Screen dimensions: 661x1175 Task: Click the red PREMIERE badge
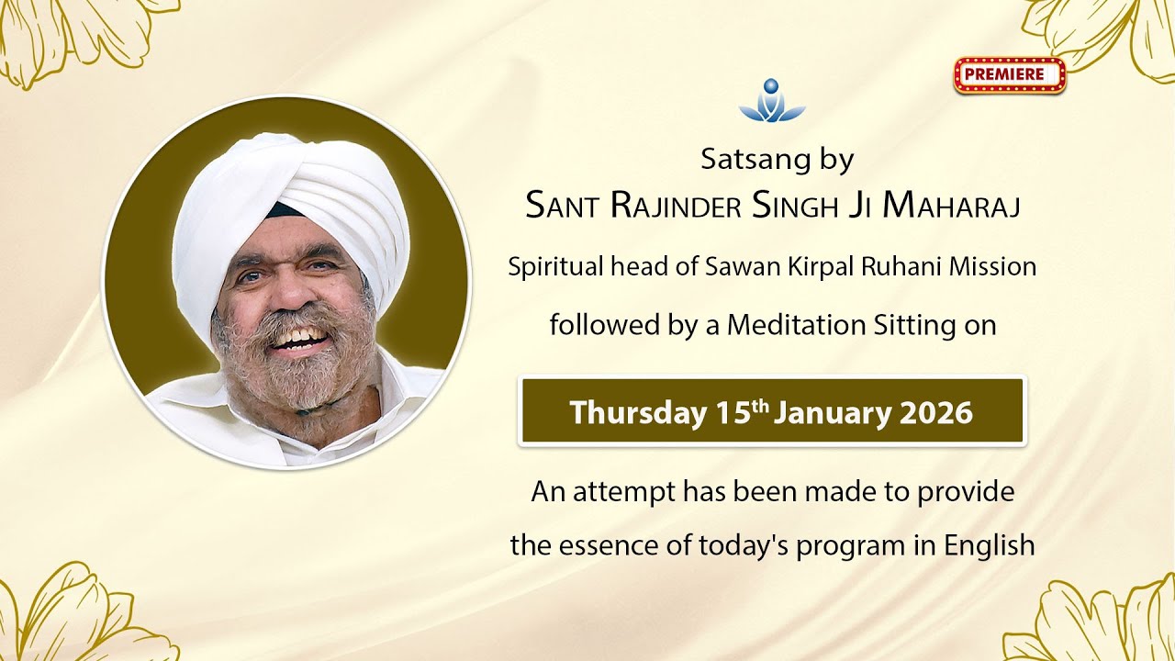pos(1009,75)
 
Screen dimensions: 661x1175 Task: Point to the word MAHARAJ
pos(951,207)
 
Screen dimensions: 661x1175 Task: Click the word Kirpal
pos(824,267)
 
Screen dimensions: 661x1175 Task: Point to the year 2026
pos(935,412)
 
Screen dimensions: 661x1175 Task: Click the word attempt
pos(624,492)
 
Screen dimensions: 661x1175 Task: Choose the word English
pos(990,545)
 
